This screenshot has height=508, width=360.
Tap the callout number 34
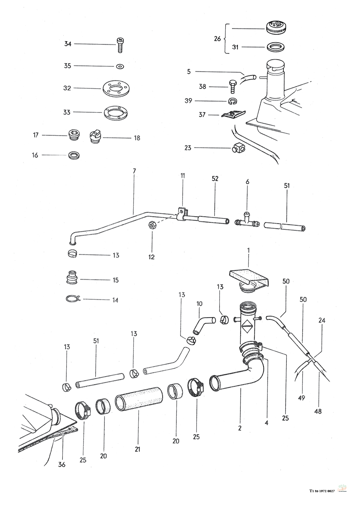(x=68, y=44)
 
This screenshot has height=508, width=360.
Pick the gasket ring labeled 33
(x=116, y=112)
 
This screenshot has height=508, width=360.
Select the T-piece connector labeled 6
(x=247, y=222)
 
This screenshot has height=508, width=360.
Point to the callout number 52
(x=215, y=179)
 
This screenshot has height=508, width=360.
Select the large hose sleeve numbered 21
(x=139, y=399)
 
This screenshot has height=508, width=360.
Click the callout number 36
(x=62, y=465)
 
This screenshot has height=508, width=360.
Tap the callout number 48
(x=318, y=411)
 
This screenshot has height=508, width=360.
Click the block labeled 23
(x=237, y=148)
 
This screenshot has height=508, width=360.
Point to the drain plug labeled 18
(x=95, y=138)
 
